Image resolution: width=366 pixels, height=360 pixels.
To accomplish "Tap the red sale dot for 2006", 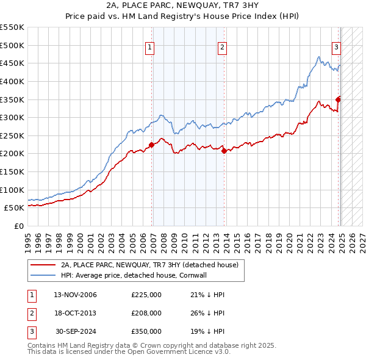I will (152, 145).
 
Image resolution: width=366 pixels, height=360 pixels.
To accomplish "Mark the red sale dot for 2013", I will (224, 151).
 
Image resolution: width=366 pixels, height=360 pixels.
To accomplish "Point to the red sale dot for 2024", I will (338, 99).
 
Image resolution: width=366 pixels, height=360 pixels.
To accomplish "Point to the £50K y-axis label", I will (15, 207).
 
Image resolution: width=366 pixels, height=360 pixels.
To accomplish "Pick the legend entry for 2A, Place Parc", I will (152, 265).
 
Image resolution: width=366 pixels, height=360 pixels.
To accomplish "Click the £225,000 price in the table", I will (146, 295).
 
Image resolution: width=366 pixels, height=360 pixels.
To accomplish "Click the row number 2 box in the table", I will (30, 313).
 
